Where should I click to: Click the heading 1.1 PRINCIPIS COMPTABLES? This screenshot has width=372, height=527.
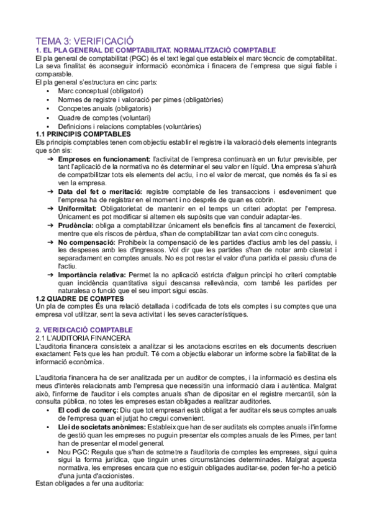[x=83, y=134]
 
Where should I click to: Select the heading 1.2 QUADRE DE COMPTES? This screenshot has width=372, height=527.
[x=80, y=298]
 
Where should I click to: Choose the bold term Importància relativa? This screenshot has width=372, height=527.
[x=94, y=274]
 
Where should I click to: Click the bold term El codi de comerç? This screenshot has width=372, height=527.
[x=86, y=411]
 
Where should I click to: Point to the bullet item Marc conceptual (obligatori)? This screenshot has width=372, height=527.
[x=100, y=91]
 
